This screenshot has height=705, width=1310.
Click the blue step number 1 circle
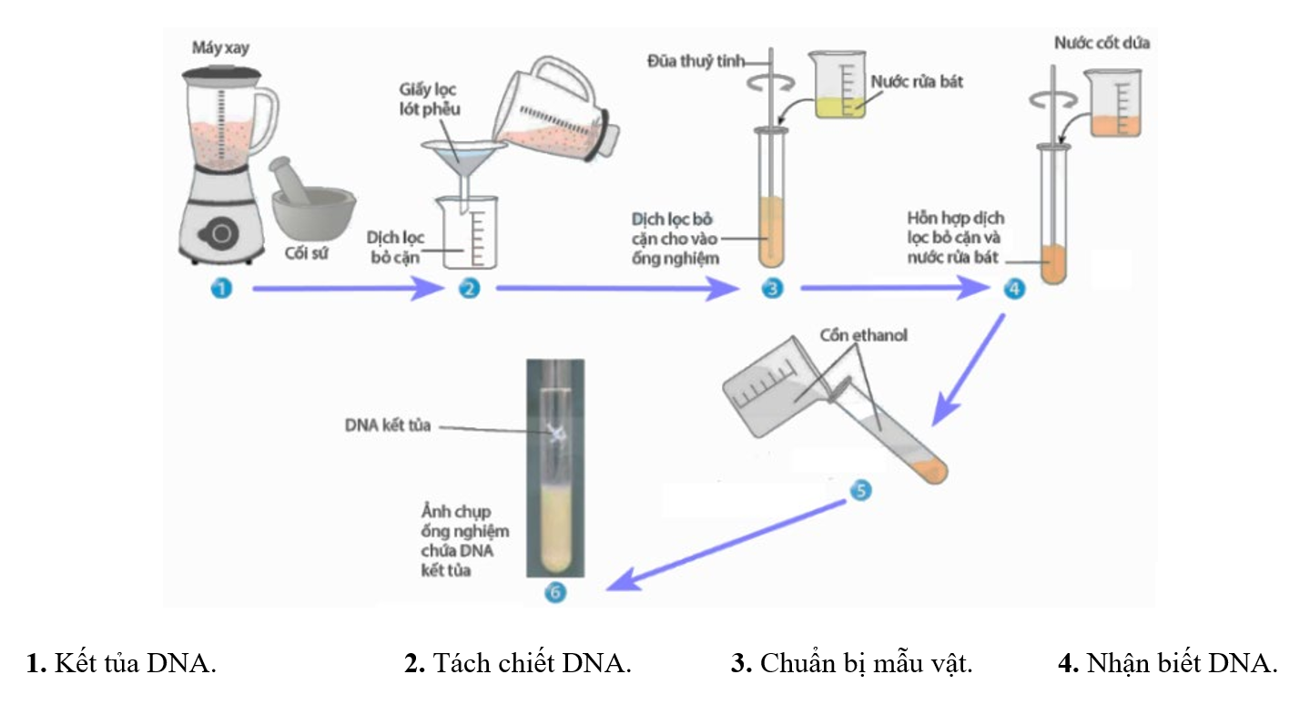click(219, 289)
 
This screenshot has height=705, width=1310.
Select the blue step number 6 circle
click(554, 592)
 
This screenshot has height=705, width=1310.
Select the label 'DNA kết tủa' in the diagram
click(386, 424)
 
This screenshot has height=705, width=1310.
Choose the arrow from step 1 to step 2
click(346, 290)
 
